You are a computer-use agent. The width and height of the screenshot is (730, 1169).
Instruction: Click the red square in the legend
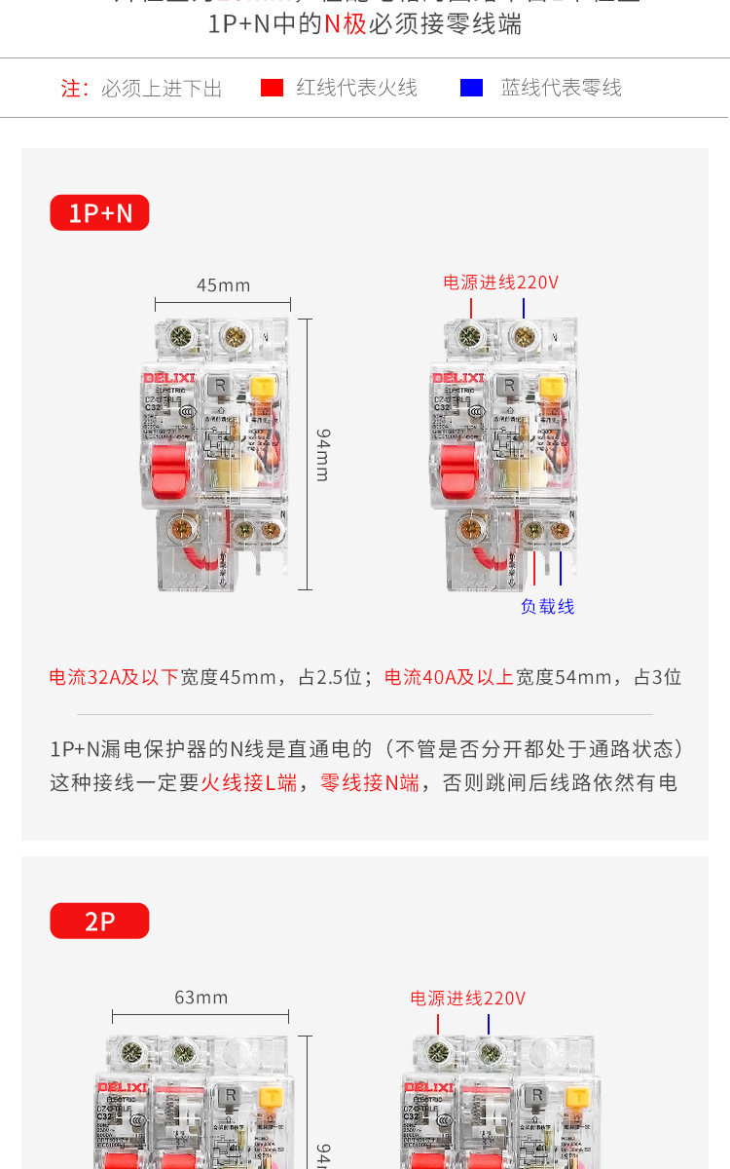tap(272, 88)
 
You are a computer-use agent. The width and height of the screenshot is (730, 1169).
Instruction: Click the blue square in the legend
tap(471, 88)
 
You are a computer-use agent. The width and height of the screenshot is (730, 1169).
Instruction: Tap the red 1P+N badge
tap(99, 212)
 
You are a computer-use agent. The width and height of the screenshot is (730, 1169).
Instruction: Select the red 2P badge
tap(99, 921)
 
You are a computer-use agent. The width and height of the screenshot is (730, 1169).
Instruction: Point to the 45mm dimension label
tap(223, 284)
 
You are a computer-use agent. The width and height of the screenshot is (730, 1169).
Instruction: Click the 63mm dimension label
tap(201, 997)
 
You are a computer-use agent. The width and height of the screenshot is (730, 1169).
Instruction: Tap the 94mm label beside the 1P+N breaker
tap(322, 454)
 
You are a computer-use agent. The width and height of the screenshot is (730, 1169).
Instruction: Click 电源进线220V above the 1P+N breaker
tap(500, 283)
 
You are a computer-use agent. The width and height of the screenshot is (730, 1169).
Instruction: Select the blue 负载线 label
tap(547, 606)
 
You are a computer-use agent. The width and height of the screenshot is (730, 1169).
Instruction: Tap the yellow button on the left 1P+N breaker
tap(262, 387)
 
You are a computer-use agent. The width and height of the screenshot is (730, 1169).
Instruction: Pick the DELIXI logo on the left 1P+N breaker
tap(170, 377)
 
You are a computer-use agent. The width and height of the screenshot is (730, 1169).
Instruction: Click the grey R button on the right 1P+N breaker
tap(506, 386)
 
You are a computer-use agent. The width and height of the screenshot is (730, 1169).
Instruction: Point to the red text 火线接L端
tap(248, 782)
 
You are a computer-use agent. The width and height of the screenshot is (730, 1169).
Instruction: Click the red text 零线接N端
tap(370, 782)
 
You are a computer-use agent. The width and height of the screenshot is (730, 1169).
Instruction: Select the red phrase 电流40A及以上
tap(449, 677)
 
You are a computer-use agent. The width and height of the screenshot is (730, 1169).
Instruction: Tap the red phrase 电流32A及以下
tap(114, 677)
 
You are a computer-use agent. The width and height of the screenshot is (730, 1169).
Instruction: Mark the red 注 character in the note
tap(70, 89)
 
